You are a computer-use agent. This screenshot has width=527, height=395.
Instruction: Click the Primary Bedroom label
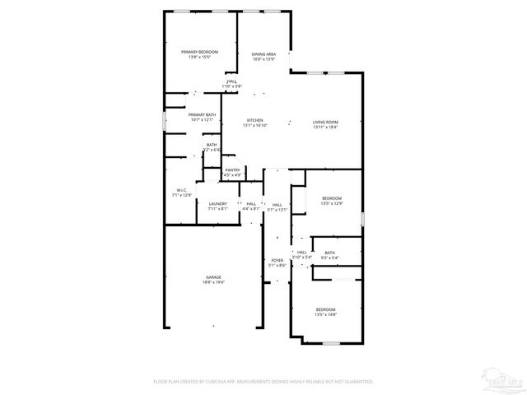(x=199, y=52)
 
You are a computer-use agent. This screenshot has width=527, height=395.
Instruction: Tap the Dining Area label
(x=263, y=54)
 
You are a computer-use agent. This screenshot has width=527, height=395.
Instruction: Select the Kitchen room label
(x=256, y=121)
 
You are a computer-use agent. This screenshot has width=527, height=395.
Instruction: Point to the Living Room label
(x=325, y=122)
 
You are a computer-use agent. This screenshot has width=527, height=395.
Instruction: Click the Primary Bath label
(x=203, y=115)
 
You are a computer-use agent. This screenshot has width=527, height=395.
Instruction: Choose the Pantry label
(x=233, y=170)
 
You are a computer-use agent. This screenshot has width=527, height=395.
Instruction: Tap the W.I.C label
(x=181, y=190)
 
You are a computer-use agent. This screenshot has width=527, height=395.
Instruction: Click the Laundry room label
(x=217, y=204)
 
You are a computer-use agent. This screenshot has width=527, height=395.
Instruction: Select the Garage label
(x=213, y=277)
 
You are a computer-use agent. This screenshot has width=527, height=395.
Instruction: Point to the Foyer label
(x=277, y=261)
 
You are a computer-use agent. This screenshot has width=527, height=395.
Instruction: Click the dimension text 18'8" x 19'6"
(x=213, y=282)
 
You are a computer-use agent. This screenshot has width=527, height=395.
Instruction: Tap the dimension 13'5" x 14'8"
(x=325, y=314)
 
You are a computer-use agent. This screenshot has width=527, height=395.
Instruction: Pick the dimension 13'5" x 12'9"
(x=331, y=203)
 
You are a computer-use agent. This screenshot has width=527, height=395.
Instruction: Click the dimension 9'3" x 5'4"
(x=329, y=258)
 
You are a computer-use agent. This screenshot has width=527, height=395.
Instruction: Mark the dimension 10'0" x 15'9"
(x=263, y=59)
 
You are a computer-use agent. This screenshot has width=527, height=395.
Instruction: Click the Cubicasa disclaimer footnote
(x=263, y=382)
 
